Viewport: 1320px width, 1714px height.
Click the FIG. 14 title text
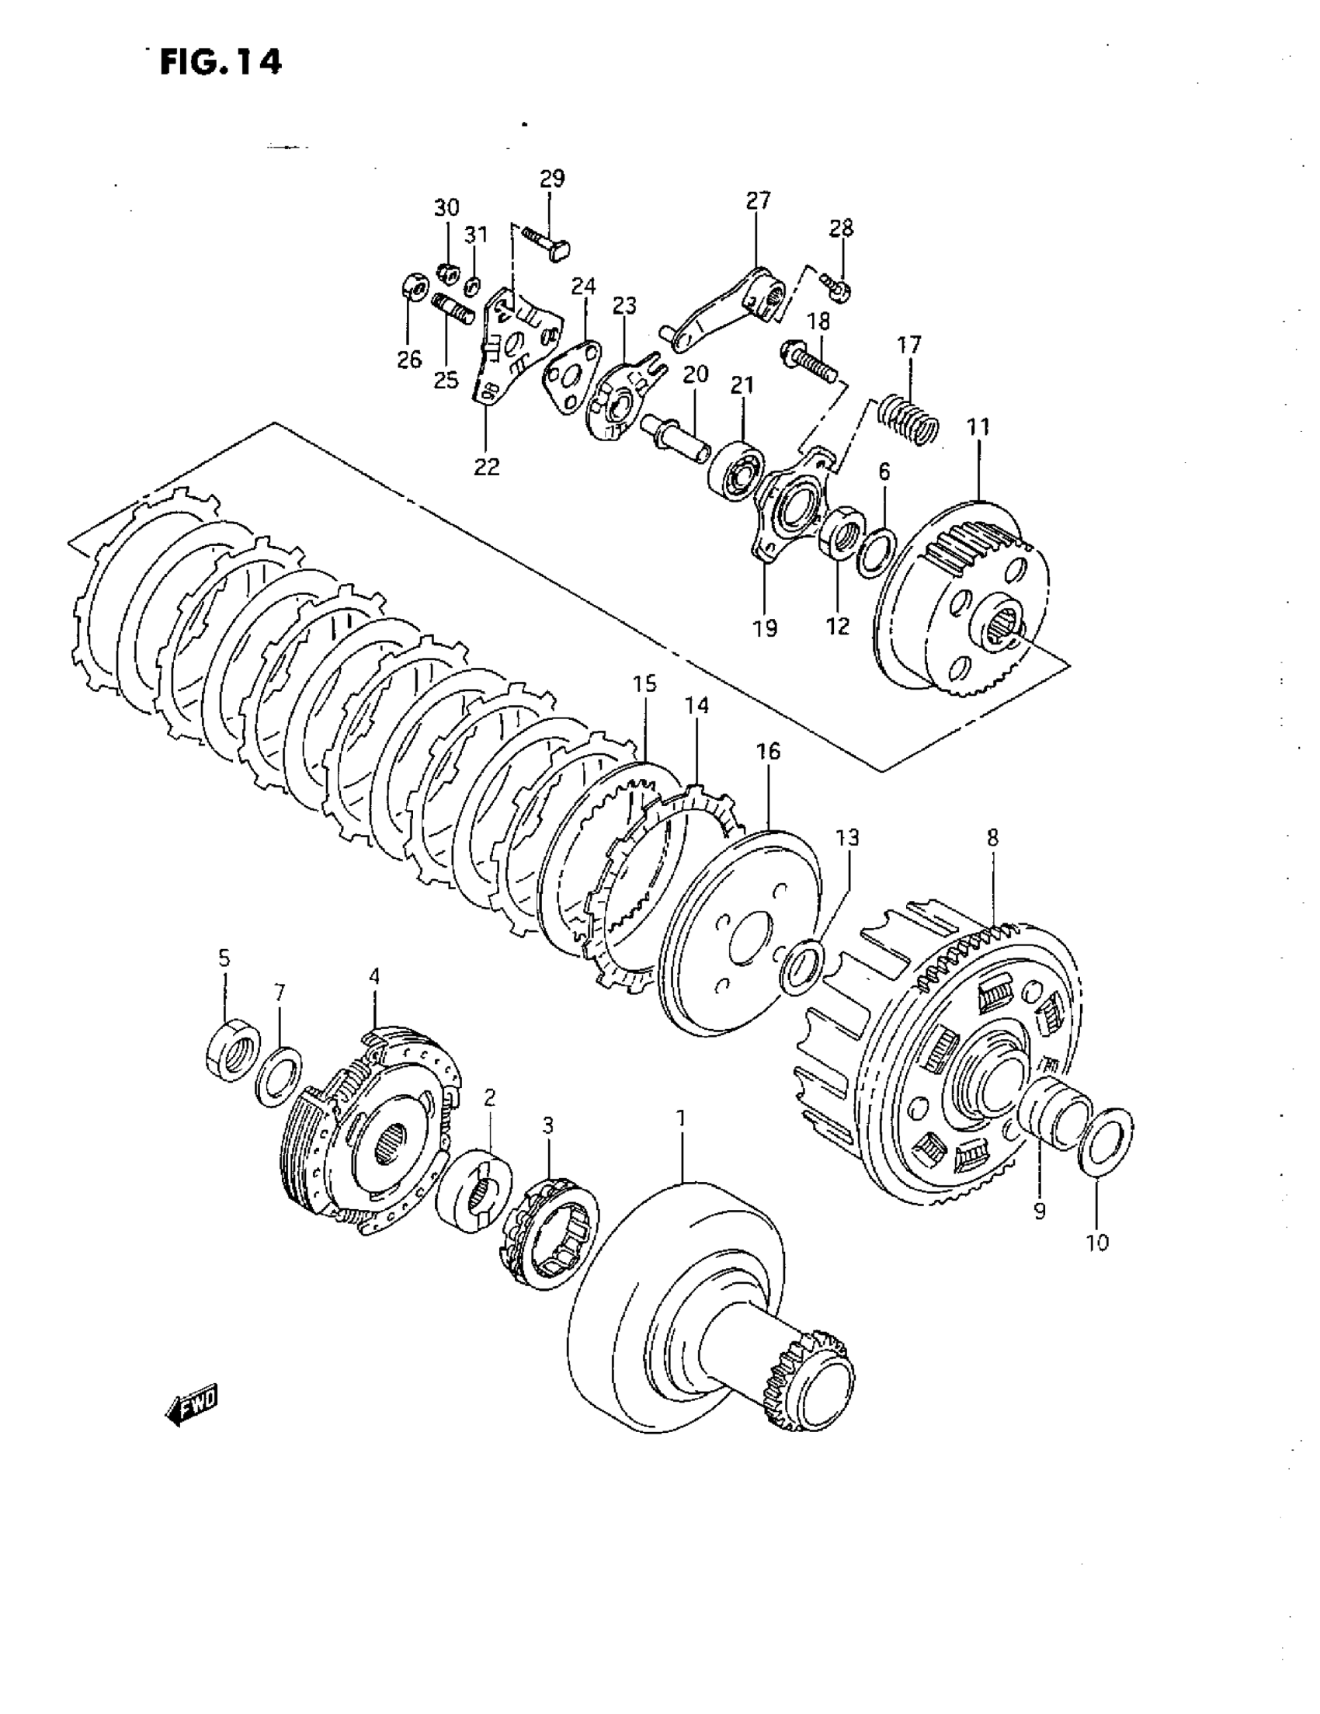point(221,62)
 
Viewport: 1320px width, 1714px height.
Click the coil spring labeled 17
point(907,421)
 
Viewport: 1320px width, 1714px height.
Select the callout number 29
point(552,178)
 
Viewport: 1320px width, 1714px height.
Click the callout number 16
point(768,751)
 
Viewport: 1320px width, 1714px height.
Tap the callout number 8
point(993,837)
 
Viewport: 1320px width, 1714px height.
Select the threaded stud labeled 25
point(453,308)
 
